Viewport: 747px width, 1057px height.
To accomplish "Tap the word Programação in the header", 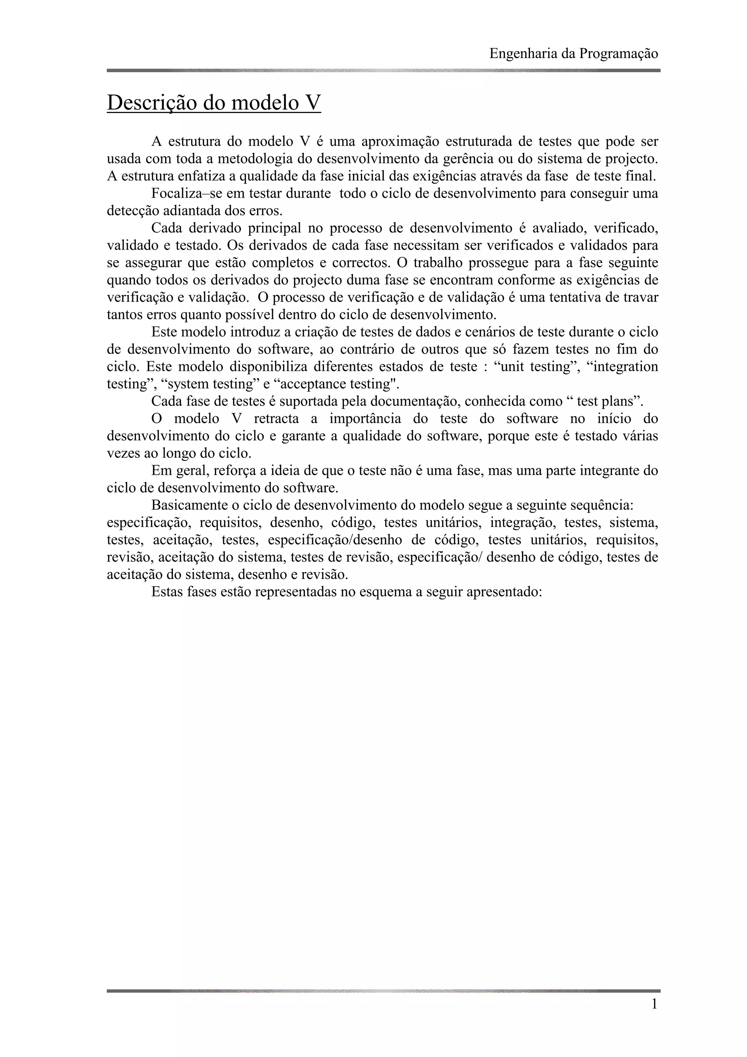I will [x=619, y=54].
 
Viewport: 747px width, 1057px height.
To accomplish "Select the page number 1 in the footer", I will [x=654, y=1004].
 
